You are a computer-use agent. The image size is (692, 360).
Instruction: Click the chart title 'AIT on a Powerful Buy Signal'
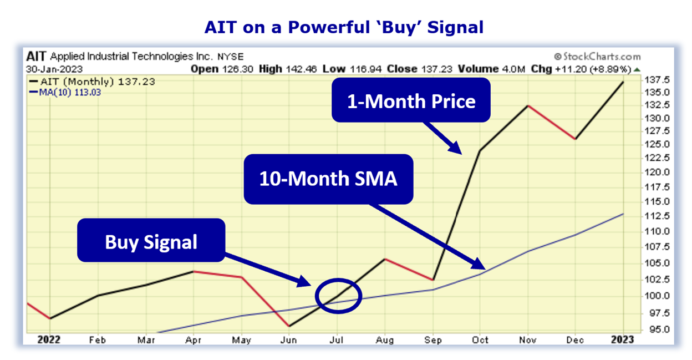click(344, 27)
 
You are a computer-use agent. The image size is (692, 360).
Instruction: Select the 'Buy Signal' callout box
click(151, 241)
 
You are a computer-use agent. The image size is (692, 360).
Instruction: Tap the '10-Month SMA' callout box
click(328, 179)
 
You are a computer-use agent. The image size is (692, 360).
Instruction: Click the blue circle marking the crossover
click(338, 295)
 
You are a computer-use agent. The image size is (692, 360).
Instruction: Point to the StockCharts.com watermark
click(597, 57)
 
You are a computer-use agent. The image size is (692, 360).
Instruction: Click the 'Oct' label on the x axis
click(480, 340)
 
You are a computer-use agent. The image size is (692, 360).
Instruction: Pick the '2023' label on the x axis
click(623, 340)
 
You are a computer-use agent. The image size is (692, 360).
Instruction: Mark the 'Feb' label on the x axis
click(98, 340)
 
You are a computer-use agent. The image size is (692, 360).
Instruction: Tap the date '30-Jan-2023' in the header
click(54, 69)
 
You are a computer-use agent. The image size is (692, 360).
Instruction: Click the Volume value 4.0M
click(510, 69)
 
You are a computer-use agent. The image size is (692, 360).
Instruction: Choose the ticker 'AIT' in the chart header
click(37, 57)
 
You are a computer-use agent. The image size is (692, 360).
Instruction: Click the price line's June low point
click(288, 326)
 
